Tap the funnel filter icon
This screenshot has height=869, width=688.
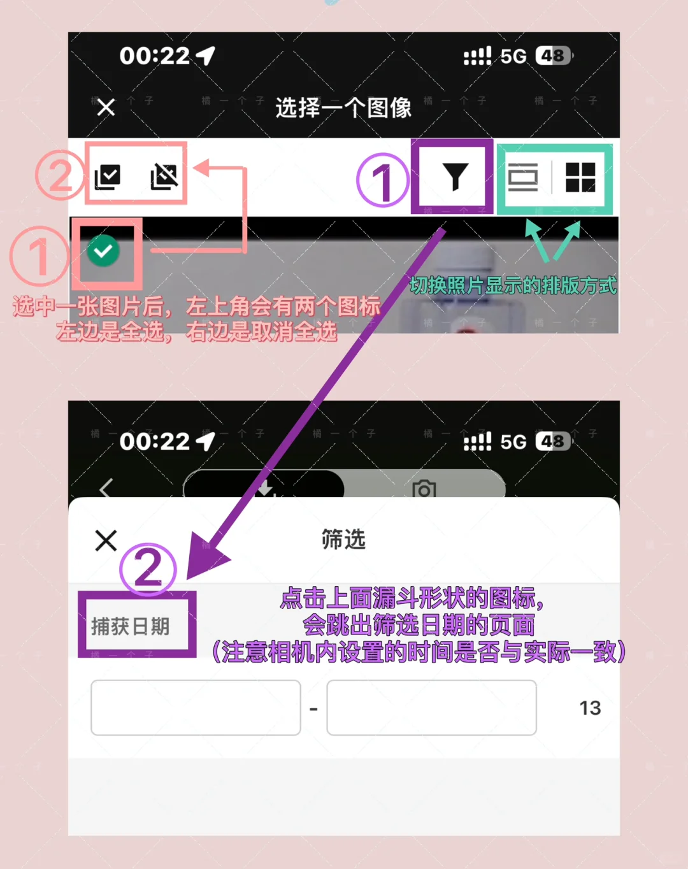tap(455, 176)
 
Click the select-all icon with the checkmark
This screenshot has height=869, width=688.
tap(107, 176)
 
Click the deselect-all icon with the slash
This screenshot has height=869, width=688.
tap(164, 176)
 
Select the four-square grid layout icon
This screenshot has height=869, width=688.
tap(580, 176)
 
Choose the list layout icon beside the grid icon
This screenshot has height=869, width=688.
tap(523, 176)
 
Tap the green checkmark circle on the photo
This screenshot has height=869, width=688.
tap(103, 251)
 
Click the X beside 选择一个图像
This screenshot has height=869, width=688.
tap(106, 107)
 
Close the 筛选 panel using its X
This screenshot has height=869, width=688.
tap(106, 540)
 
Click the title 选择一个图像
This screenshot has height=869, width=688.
tap(343, 108)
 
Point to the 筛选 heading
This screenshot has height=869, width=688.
tap(343, 540)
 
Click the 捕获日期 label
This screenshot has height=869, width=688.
tap(131, 626)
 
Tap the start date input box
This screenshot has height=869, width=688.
tap(196, 707)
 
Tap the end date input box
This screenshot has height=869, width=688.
tap(431, 707)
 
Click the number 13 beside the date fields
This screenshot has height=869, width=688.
tap(590, 708)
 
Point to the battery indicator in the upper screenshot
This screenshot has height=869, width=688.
tap(553, 56)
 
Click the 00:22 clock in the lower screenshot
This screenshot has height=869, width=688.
tap(155, 442)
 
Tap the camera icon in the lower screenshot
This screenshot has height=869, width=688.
tap(424, 489)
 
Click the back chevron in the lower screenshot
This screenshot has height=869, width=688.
tap(106, 487)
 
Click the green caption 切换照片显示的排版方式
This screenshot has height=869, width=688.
tap(513, 285)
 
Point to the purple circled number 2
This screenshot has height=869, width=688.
tap(148, 568)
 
